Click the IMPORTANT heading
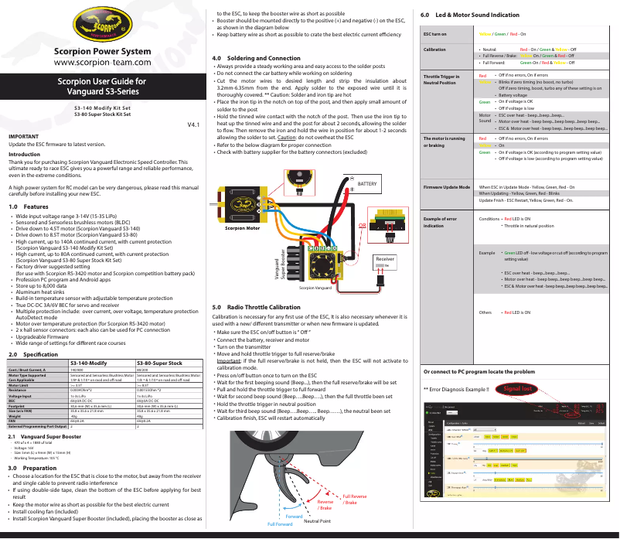pos(24,136)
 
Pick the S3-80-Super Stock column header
pos(159,363)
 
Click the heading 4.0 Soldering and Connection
pos(256,59)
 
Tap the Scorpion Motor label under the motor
pos(243,229)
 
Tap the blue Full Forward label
pos(281,525)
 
